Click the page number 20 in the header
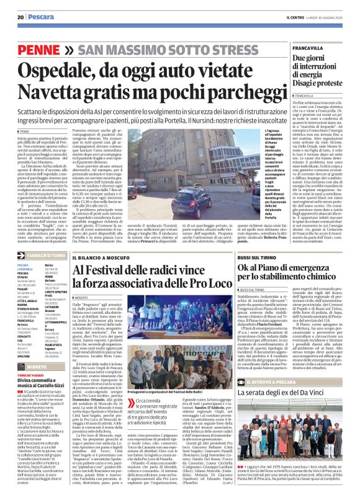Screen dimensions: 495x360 click(x=20, y=17)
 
